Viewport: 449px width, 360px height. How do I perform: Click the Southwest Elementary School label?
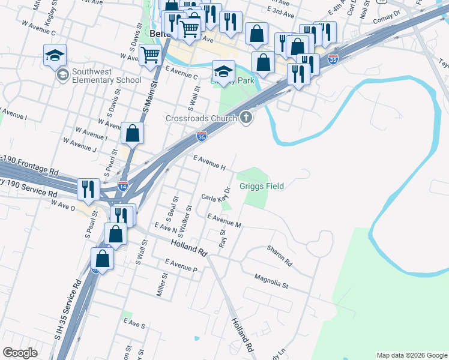click(106, 76)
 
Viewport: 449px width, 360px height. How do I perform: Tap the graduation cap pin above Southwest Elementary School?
click(55, 56)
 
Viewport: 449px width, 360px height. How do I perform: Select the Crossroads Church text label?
click(200, 118)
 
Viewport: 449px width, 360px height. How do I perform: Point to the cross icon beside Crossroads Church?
click(246, 118)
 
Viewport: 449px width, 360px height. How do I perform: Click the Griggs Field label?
click(262, 186)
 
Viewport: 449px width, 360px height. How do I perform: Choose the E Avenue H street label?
click(209, 162)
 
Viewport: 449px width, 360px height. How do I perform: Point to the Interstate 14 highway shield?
click(123, 186)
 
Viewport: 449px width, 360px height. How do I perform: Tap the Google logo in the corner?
click(20, 353)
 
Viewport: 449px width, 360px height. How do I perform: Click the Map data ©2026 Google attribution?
click(412, 355)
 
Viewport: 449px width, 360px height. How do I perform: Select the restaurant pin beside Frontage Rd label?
click(88, 189)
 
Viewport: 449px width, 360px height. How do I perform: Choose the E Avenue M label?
click(224, 221)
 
